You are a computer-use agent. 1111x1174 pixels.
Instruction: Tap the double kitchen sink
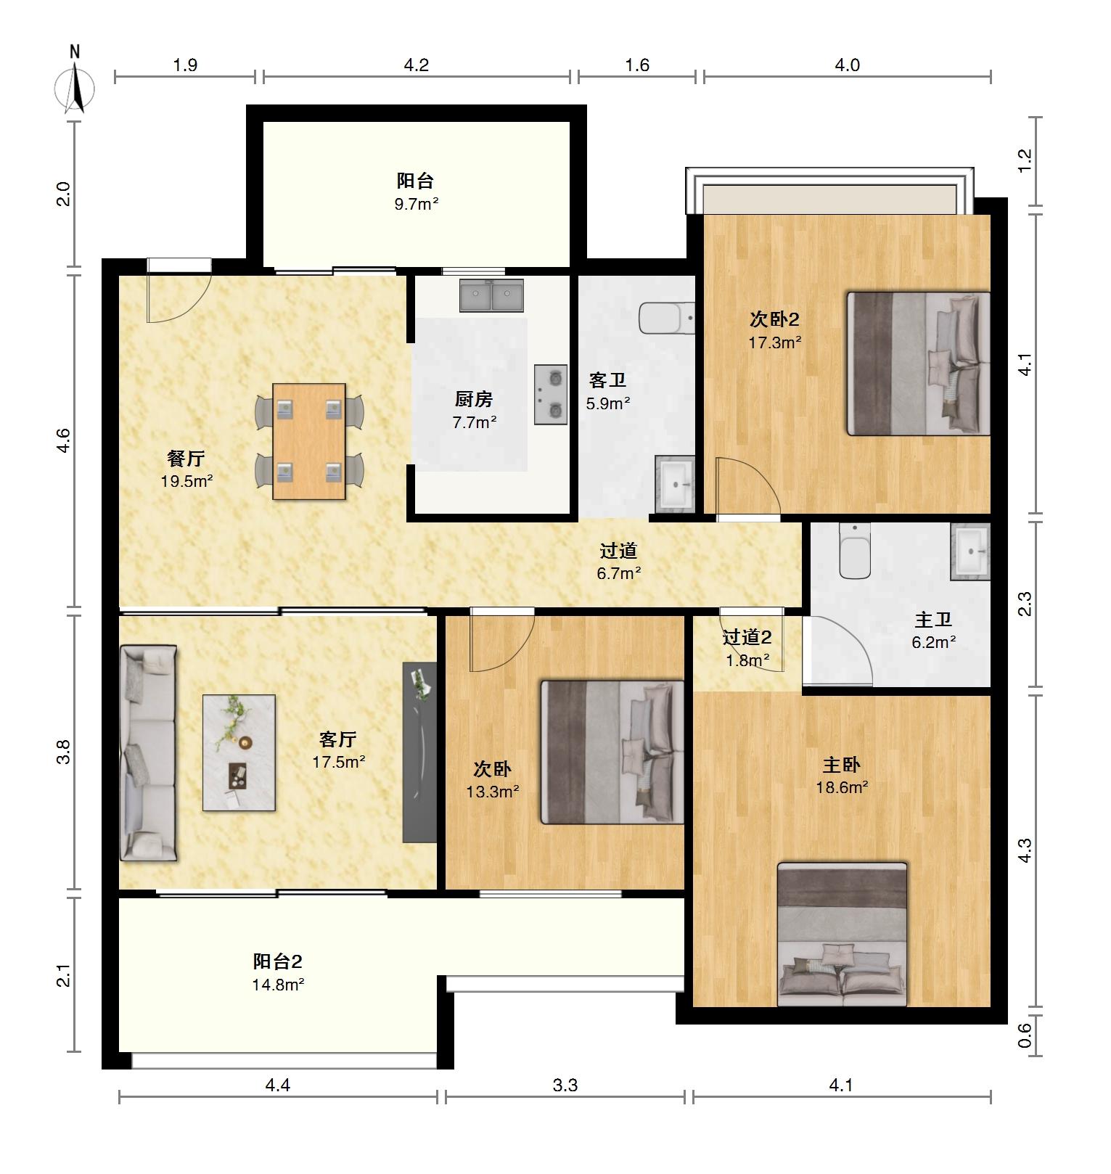click(491, 295)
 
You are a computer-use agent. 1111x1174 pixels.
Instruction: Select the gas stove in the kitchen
click(551, 394)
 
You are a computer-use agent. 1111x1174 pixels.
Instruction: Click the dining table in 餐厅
click(309, 441)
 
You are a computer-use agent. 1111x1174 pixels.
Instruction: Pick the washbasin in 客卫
click(676, 483)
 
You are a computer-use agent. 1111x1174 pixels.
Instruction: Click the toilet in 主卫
click(855, 551)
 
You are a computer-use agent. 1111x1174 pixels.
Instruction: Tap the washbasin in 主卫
click(971, 551)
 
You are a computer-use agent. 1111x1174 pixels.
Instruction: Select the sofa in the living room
click(148, 753)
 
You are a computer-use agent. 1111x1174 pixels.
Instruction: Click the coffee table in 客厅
click(239, 752)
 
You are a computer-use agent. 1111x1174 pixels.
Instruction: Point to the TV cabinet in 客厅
click(420, 752)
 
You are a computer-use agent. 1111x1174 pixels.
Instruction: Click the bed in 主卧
click(842, 935)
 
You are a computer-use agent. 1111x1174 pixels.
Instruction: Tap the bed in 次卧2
click(919, 364)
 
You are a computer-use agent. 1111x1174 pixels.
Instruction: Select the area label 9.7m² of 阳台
click(417, 204)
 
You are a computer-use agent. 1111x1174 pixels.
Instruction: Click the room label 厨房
click(474, 399)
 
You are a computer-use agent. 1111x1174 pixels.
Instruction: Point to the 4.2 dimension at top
click(417, 65)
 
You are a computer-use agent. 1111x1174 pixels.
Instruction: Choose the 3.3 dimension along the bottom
click(565, 1085)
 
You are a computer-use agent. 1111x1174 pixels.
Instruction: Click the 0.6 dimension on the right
click(1025, 1035)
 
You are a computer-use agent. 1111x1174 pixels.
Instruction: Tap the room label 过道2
click(747, 638)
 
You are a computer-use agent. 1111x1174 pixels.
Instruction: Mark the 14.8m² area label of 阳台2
click(278, 985)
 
